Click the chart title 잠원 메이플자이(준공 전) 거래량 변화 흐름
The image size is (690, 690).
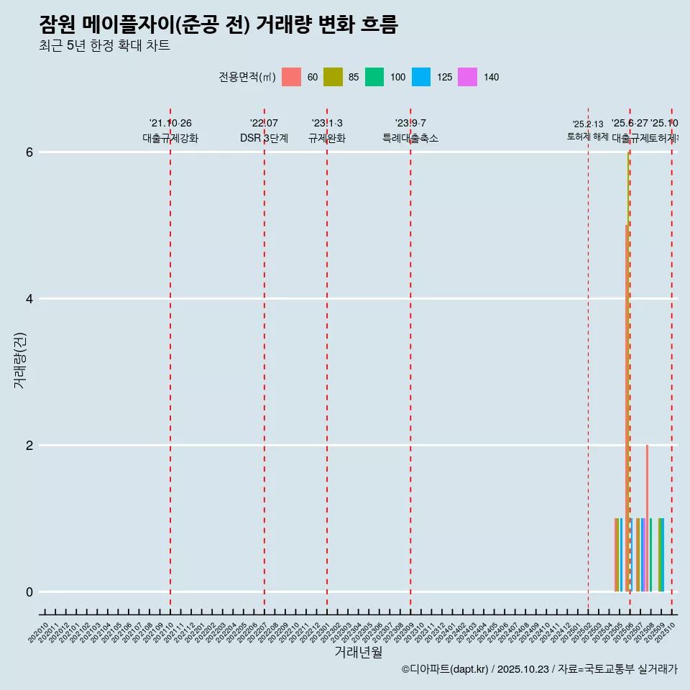pos(218,25)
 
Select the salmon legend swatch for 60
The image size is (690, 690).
pos(291,77)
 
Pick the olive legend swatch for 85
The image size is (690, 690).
pos(333,77)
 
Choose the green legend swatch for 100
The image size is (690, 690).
pos(374,77)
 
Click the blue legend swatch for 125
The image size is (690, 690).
pos(421,77)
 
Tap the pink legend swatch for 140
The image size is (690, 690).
pos(467,77)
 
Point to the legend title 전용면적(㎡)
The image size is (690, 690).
pos(247,77)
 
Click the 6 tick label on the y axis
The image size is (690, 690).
pos(29,152)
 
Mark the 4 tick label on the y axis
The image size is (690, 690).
pos(29,299)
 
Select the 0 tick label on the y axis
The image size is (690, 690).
pos(29,592)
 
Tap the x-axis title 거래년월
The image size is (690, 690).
pos(358,653)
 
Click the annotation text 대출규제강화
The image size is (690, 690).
pos(170,139)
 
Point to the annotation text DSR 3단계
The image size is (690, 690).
pos(264,139)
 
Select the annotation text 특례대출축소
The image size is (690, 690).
pos(410,139)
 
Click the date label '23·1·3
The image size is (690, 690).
pos(327,124)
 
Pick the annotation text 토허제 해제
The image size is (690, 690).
pos(588,137)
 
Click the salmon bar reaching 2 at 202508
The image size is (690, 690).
pos(647,517)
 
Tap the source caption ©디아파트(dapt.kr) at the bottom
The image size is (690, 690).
pos(445,670)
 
